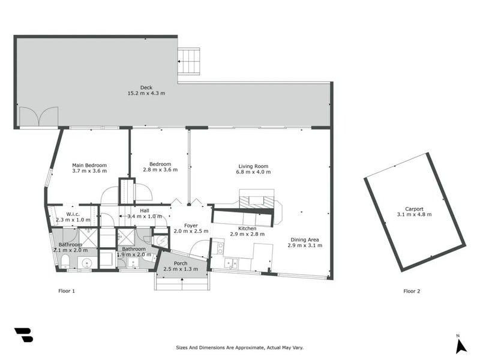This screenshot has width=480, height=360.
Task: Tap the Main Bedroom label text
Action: (x=89, y=165)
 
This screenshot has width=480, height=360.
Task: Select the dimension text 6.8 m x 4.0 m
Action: (x=253, y=172)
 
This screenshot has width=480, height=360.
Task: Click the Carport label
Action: (x=414, y=209)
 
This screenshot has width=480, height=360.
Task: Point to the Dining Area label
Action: (x=303, y=239)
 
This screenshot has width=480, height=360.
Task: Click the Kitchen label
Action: (x=247, y=229)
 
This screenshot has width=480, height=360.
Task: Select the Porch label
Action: (x=181, y=263)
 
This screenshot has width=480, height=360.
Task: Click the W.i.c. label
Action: (x=73, y=214)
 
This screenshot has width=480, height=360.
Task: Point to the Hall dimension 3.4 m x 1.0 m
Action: (x=145, y=216)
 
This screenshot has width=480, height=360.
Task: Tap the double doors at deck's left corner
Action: (x=38, y=117)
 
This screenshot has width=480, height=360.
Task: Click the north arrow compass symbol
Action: (x=460, y=344)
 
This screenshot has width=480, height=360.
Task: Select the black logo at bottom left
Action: (x=23, y=335)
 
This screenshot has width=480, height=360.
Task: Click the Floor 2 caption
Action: (x=412, y=292)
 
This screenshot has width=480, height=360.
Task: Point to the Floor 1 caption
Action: (x=65, y=292)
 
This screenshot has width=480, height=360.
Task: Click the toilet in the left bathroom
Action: (x=65, y=260)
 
